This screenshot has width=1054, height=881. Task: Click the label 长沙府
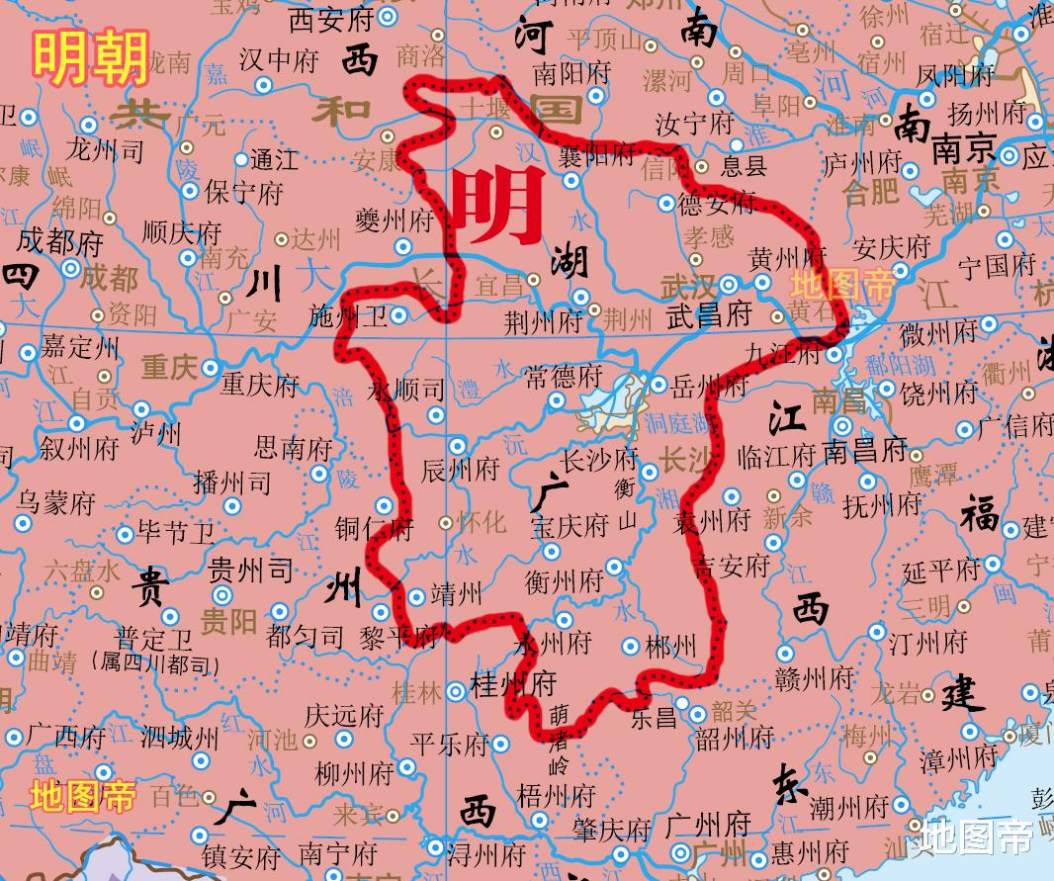[599, 460]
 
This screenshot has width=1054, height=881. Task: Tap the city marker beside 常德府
[558, 401]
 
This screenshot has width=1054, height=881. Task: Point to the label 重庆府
[260, 384]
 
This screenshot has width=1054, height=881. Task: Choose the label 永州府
[553, 643]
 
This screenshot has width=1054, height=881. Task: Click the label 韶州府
[735, 738]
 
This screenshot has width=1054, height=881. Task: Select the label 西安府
[330, 19]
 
